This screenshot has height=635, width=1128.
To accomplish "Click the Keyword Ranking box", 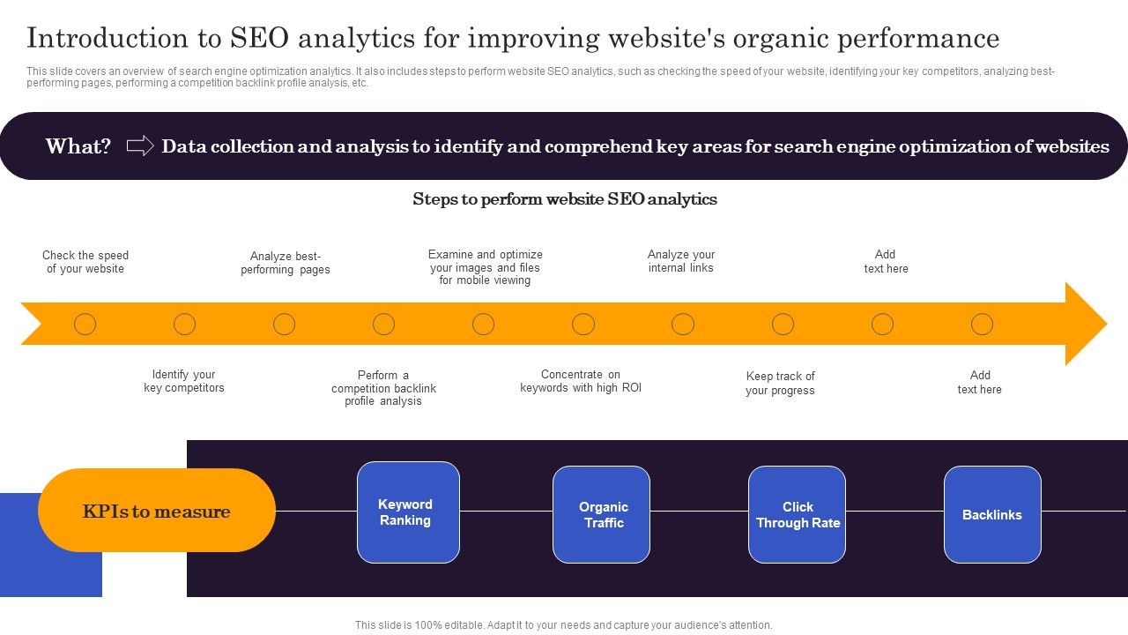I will coord(408,512).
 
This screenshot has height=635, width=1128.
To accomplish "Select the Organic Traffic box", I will coord(601,515).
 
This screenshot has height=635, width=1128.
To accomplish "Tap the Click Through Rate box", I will coord(797,515).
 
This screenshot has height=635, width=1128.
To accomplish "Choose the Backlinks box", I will coord(992,515).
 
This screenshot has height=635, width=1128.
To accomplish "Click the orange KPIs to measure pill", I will coord(157,511).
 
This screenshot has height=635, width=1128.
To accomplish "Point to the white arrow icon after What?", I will coord(140,146).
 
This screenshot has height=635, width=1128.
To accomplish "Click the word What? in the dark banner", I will coord(78,146).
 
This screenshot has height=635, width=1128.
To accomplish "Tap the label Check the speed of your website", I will coord(85,262).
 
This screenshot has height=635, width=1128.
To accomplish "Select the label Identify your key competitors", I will coord(184,381).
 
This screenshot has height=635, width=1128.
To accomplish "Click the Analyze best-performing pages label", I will coord(286,263).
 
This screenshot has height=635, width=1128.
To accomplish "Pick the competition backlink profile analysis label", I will coord(383,388).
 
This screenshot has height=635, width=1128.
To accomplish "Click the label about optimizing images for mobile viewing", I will coord(485,267).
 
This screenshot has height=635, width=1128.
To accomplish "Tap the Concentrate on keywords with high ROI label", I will coord(581,381).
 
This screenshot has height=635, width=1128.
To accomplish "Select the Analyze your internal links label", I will coord(681,261).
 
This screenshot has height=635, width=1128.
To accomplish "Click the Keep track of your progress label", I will coord(780,383).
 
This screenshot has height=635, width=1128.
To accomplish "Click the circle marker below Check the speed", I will coord(85,325).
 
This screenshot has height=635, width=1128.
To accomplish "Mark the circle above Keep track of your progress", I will coord(783,325).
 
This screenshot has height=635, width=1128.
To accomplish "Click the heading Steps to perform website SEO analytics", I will coord(564,199).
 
